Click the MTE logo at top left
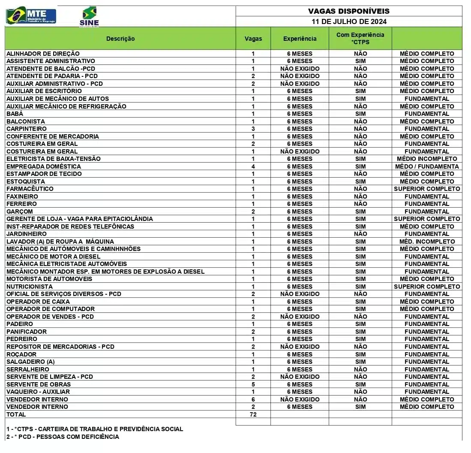31,16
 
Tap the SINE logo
89,17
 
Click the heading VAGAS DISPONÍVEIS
349,11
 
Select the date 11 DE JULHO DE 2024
349,21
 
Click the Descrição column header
120,39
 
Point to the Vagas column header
253,39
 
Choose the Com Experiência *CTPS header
360,38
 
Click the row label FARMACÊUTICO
30,189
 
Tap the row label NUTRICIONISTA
30,287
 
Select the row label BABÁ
15,114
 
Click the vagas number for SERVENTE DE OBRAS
253,384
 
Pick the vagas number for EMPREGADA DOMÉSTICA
253,166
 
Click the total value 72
253,414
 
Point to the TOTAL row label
16,414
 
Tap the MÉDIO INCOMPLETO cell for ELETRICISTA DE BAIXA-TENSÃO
427,159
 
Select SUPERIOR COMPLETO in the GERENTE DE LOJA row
427,219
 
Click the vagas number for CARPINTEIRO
253,129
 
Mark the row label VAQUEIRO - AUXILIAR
38,392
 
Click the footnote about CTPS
95,429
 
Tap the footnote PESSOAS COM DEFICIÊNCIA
63,437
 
